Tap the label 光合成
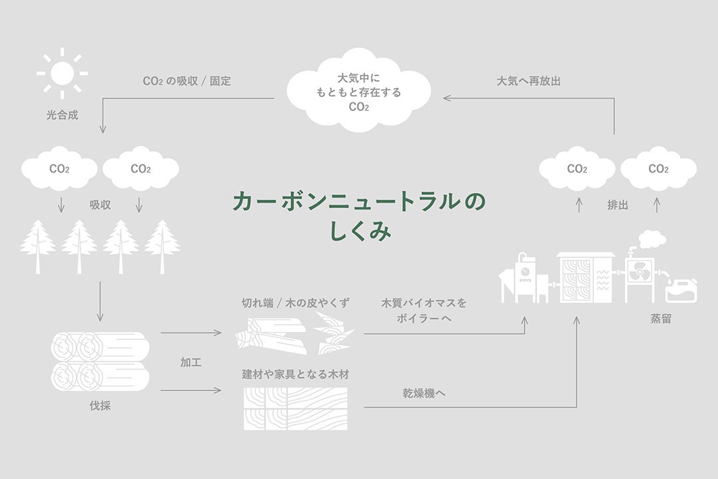pyautogui.click(x=62, y=115)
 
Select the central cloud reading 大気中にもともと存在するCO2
pyautogui.click(x=358, y=90)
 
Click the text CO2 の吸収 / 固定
pyautogui.click(x=187, y=81)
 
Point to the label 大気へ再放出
pyautogui.click(x=529, y=81)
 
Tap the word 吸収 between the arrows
pyautogui.click(x=100, y=206)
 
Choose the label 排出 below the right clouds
pyautogui.click(x=618, y=206)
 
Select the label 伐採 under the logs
pyautogui.click(x=100, y=405)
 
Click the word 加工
pyautogui.click(x=191, y=363)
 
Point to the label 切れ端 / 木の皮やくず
pyautogui.click(x=295, y=303)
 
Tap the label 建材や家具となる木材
pyautogui.click(x=295, y=375)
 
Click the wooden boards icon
pyautogui.click(x=295, y=408)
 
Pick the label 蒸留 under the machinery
pyautogui.click(x=660, y=319)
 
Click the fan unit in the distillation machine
pyautogui.click(x=640, y=272)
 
